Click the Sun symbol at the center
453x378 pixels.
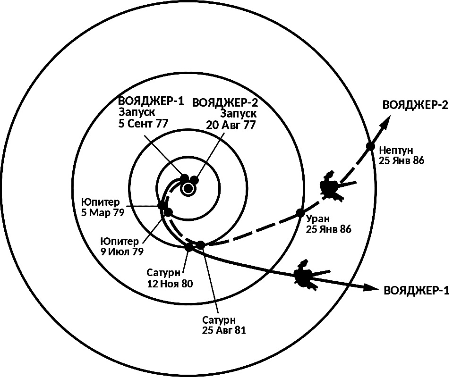coord(188,189)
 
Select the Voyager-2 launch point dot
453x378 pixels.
coord(195,180)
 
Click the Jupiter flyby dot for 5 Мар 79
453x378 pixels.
coord(162,206)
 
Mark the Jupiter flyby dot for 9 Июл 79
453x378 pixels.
coord(168,212)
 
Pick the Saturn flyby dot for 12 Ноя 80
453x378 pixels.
coord(189,247)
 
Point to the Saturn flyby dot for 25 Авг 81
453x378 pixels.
coord(200,245)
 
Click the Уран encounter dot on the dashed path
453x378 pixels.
coord(300,213)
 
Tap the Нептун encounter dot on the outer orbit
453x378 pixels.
coord(370,146)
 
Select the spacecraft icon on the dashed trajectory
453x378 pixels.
coord(335,186)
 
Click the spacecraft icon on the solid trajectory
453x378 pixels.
coord(309,276)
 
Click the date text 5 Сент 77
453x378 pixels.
coord(143,124)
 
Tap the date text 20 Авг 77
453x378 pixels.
coord(231,125)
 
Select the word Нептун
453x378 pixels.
coord(396,151)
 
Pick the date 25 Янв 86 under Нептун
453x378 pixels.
coord(402,160)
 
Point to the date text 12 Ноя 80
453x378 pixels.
coord(170,284)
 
